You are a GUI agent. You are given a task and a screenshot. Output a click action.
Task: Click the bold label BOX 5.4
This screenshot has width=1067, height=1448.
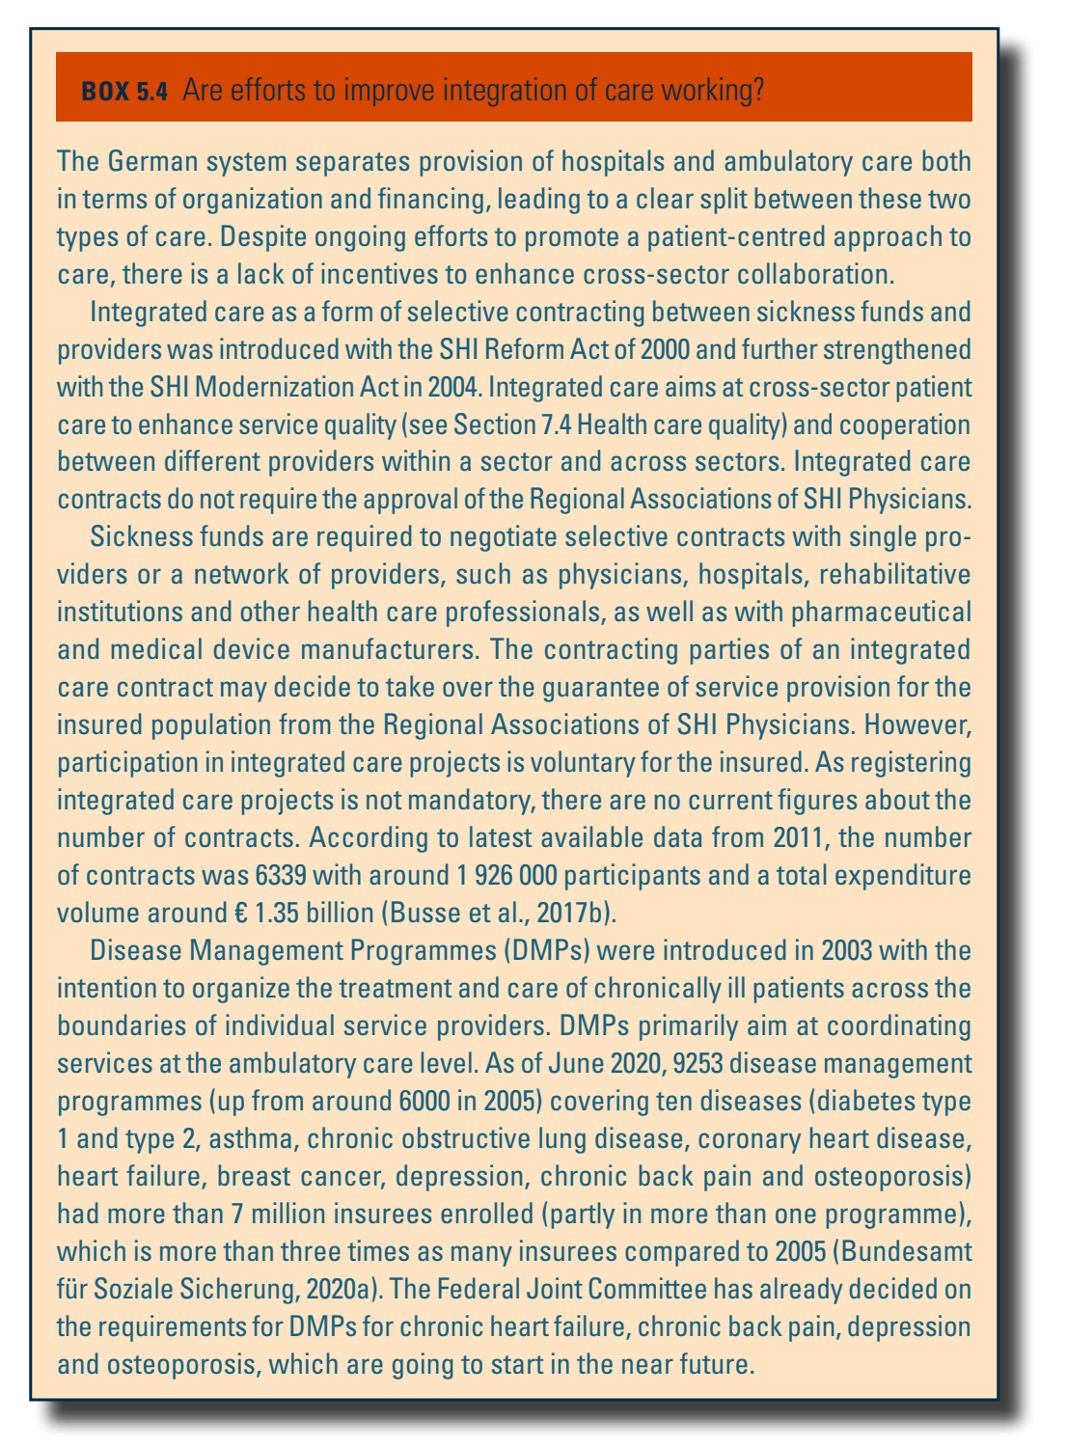(x=125, y=92)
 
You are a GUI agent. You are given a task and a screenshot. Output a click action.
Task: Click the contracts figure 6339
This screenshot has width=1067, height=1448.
(x=284, y=876)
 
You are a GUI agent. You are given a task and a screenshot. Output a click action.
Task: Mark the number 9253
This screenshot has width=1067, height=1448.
(x=704, y=1064)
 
